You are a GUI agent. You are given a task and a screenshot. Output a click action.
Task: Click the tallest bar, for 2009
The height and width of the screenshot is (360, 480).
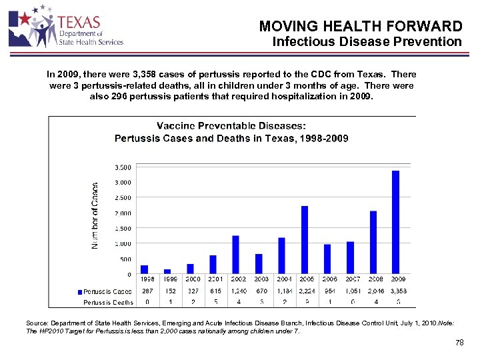(x=395, y=223)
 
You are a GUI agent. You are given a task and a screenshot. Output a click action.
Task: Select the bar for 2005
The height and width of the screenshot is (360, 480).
(x=305, y=240)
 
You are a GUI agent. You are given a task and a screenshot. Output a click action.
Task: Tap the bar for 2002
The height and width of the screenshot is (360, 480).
(x=235, y=255)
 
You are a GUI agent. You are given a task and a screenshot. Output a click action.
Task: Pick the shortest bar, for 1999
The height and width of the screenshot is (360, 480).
(x=167, y=271)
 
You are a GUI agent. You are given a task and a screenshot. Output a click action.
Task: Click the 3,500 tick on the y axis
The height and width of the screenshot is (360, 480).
(x=121, y=167)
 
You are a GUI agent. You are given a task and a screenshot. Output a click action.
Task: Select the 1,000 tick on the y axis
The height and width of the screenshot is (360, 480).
(x=122, y=244)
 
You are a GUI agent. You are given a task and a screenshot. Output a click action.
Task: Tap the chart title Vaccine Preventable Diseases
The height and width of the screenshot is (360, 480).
(x=231, y=126)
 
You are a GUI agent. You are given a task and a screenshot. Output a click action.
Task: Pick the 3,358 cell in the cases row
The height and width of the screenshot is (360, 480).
(x=397, y=291)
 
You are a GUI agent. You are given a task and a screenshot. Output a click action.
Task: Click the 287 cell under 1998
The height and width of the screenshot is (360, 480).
(x=147, y=291)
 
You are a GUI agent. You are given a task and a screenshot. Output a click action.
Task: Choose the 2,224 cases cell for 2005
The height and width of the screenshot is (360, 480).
(x=307, y=291)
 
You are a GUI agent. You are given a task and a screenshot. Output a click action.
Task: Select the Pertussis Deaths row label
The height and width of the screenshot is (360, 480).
(x=108, y=303)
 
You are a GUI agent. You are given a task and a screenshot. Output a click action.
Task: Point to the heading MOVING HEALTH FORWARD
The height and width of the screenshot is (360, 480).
(x=360, y=27)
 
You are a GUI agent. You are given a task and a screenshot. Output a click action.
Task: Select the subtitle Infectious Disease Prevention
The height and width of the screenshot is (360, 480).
(x=367, y=42)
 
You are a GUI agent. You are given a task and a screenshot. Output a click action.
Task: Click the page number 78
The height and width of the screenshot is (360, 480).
(x=458, y=343)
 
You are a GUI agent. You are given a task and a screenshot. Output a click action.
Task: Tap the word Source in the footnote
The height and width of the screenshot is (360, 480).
(x=37, y=323)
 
